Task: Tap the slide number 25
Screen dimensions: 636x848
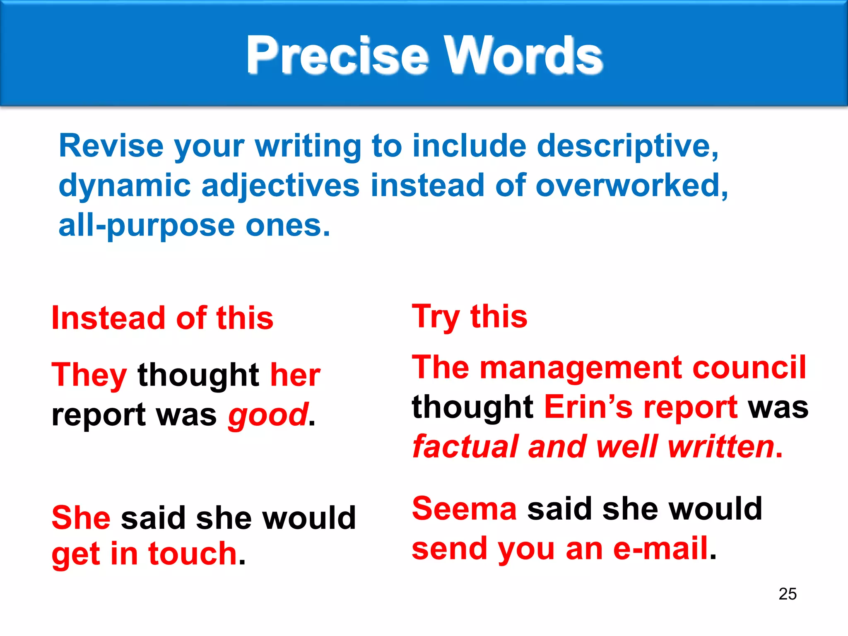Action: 787,594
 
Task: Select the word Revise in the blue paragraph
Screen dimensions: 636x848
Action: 111,146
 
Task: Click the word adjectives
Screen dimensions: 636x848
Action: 280,185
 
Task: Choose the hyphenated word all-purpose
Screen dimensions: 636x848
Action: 147,226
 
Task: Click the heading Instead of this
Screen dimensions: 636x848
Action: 162,318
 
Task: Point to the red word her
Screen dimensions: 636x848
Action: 295,375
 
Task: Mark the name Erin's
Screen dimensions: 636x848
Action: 588,407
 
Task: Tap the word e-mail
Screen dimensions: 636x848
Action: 660,548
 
